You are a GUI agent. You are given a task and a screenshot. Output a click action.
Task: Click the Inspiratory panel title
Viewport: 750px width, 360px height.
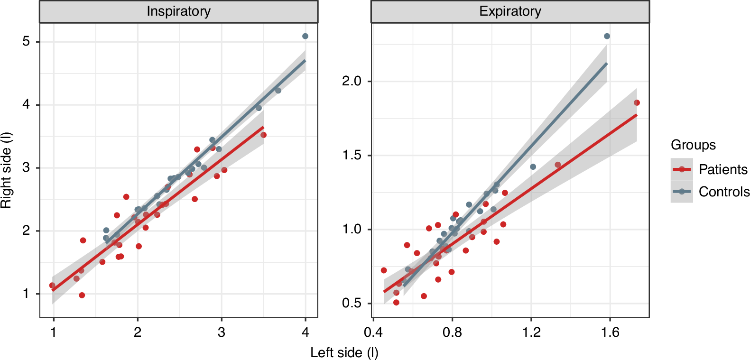click(x=178, y=11)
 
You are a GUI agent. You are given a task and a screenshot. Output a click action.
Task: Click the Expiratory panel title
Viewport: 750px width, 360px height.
click(x=510, y=11)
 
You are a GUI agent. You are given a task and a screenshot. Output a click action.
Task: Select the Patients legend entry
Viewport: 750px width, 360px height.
click(x=722, y=169)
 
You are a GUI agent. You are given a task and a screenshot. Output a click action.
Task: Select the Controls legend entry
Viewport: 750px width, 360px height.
click(x=724, y=192)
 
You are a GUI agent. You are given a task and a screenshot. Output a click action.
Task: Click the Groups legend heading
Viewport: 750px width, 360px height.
click(x=693, y=145)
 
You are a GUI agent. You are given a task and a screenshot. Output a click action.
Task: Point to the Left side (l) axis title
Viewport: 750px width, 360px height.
click(x=344, y=352)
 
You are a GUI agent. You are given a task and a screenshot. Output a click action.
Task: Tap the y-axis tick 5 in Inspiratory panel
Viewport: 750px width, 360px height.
click(x=26, y=42)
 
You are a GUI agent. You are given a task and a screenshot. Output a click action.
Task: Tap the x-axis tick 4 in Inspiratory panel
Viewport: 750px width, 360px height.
click(x=306, y=332)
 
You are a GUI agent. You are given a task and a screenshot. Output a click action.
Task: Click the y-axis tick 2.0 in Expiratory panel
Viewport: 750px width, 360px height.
click(x=352, y=81)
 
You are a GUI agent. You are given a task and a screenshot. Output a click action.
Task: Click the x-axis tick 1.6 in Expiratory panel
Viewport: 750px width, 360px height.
click(x=610, y=332)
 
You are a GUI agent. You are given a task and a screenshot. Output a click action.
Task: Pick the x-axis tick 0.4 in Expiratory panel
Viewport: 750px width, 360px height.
click(x=373, y=332)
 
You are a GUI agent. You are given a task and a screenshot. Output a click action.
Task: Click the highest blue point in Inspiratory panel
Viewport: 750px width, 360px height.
click(x=305, y=36)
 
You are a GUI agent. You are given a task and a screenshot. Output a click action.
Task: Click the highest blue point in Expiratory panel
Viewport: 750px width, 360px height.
click(x=607, y=36)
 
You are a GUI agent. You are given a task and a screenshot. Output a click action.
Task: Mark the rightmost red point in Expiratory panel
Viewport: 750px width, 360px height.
click(x=637, y=102)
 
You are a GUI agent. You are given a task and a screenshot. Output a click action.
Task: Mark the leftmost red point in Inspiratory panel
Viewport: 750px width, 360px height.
click(x=52, y=286)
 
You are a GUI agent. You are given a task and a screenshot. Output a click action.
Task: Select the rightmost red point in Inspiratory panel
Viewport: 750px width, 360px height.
click(x=263, y=135)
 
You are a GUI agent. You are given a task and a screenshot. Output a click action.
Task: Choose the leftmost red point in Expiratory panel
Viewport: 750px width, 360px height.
click(x=384, y=270)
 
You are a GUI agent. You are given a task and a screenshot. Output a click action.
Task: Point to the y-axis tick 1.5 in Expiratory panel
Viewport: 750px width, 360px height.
click(x=352, y=155)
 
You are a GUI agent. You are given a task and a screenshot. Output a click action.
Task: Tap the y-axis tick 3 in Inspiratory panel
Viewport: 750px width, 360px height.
click(x=26, y=168)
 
